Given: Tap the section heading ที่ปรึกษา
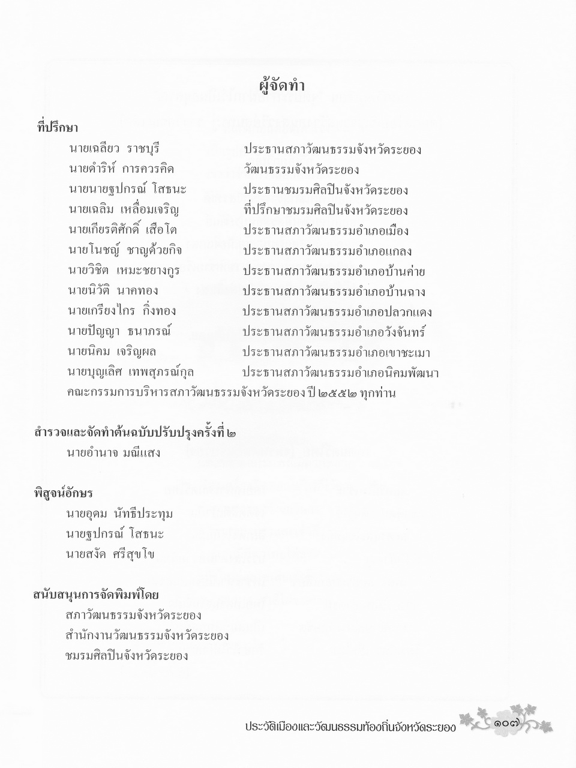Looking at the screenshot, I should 58,128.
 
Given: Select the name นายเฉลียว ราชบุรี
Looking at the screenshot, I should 115,149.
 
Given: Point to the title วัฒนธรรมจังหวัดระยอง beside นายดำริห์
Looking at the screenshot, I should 301,170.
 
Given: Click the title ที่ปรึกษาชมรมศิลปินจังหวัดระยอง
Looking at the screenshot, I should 326,210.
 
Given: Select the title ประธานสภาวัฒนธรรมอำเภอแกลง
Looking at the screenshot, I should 328,251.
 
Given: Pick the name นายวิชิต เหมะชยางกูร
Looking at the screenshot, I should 124,271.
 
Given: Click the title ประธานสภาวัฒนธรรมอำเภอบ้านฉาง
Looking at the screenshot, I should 334,292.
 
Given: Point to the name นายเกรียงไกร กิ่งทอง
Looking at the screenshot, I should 122,311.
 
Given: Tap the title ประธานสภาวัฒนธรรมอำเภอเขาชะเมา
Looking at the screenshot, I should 337,352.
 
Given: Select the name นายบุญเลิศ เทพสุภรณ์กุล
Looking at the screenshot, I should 131,373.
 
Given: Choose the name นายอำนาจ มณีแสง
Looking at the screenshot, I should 113,453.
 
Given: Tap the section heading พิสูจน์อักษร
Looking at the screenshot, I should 63,493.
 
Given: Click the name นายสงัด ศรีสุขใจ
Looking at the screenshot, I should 110,554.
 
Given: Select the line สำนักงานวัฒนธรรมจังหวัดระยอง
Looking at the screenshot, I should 147,635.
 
